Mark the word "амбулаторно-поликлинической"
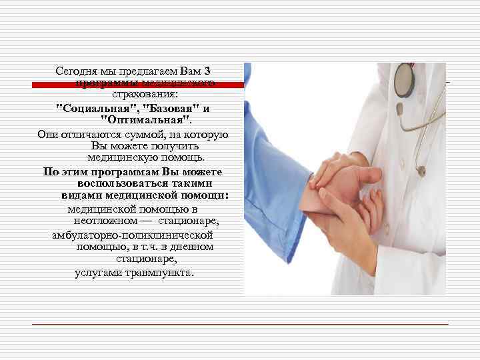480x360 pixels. click(133, 235)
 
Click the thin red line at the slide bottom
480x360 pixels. click(239, 324)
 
